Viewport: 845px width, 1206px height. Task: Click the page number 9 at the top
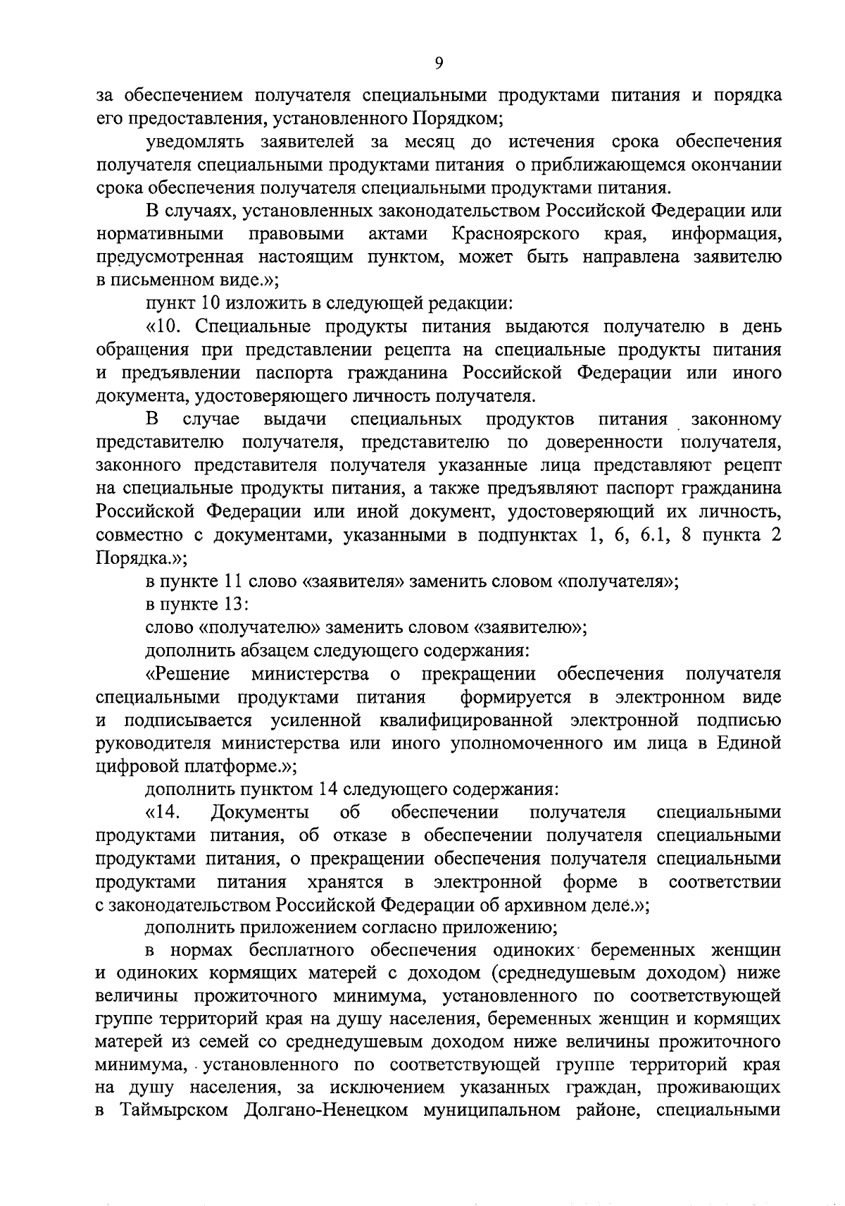(439, 63)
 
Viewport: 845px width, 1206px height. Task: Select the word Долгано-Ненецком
(327, 1112)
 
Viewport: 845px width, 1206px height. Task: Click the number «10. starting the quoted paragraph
(167, 326)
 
